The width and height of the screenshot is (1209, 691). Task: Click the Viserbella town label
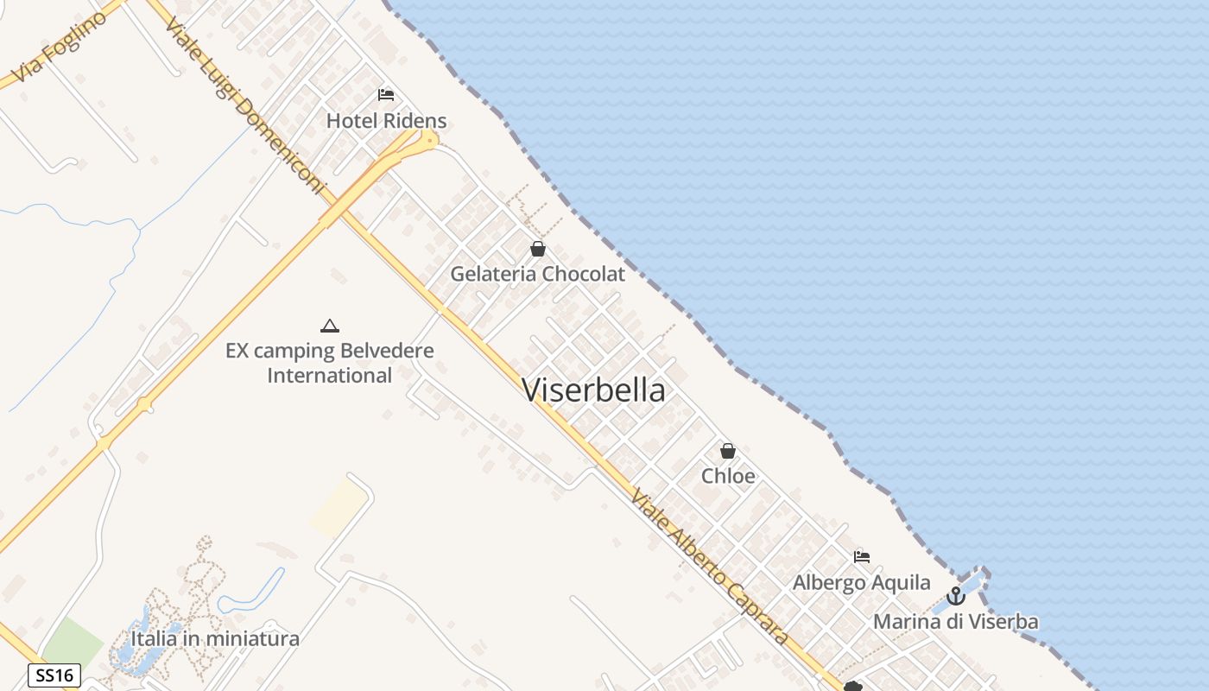594,390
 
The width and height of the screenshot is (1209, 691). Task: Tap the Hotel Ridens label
386,121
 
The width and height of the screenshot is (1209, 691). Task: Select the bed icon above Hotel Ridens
386,94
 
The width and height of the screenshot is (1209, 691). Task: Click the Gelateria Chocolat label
537,275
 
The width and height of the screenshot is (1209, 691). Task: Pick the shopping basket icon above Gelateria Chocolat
538,250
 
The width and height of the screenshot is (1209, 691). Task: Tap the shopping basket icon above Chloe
728,451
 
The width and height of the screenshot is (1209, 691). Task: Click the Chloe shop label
728,476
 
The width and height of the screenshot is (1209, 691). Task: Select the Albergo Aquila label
861,582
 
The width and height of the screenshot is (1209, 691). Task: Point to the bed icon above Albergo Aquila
861,557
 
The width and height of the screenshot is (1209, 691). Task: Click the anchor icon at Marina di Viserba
955,596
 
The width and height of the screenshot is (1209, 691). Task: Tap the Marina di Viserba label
955,621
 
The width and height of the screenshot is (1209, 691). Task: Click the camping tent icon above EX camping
329,326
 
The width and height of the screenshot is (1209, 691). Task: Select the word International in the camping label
329,376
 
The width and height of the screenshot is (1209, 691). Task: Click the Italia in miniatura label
215,639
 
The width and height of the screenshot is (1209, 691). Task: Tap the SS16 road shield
54,675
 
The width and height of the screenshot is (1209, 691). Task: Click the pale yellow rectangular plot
339,508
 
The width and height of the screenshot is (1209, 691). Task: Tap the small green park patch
71,643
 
